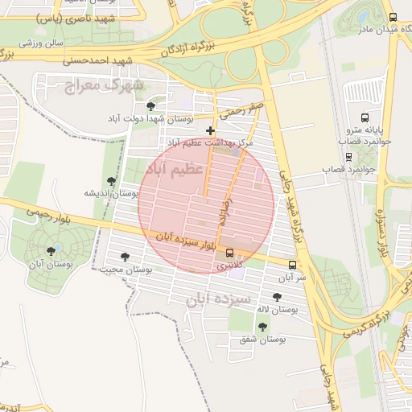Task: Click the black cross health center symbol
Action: (211, 130)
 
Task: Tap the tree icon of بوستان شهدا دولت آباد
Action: (150, 106)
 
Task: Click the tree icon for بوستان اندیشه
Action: (111, 181)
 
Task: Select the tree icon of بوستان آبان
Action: (51, 251)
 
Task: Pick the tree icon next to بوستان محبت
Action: (124, 257)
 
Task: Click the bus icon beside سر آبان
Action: (291, 265)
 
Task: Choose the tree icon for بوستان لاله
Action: (277, 297)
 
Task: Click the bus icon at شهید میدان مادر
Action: (392, 17)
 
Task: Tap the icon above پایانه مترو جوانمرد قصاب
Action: (365, 117)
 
